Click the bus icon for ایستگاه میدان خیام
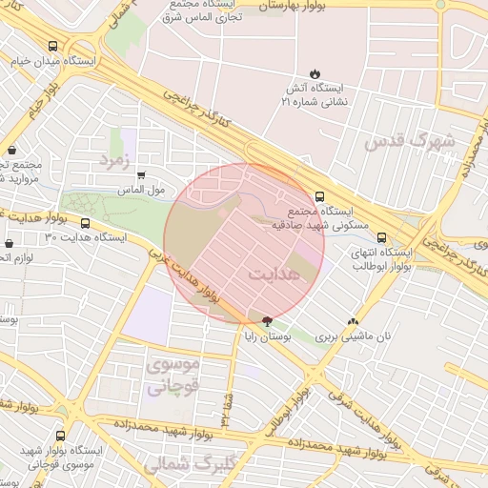[51, 46]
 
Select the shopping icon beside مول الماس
[141, 175]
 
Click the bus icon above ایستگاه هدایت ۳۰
[86, 223]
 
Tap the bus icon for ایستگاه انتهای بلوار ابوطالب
[382, 238]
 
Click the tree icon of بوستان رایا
[266, 321]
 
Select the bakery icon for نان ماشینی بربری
[354, 322]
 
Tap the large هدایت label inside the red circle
[273, 274]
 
